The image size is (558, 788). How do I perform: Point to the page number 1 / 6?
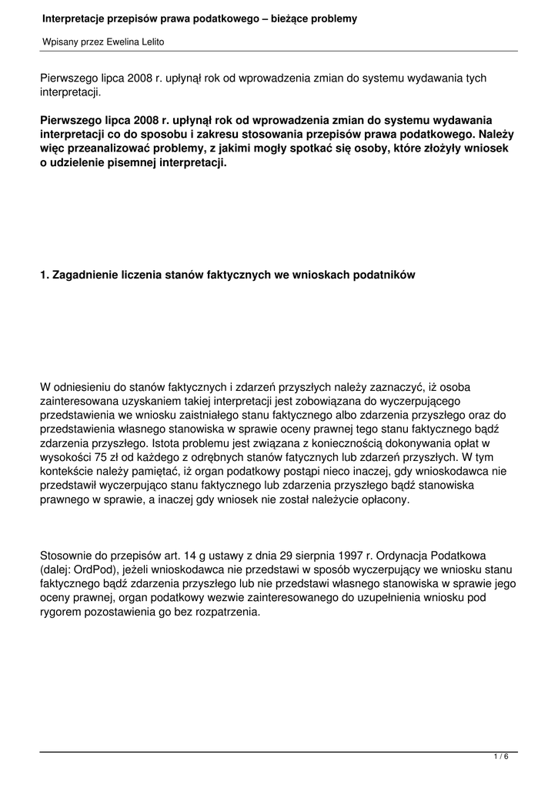coord(501,757)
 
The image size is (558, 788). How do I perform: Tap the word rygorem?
coord(62,612)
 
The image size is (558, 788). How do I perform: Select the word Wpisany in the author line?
coord(59,42)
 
